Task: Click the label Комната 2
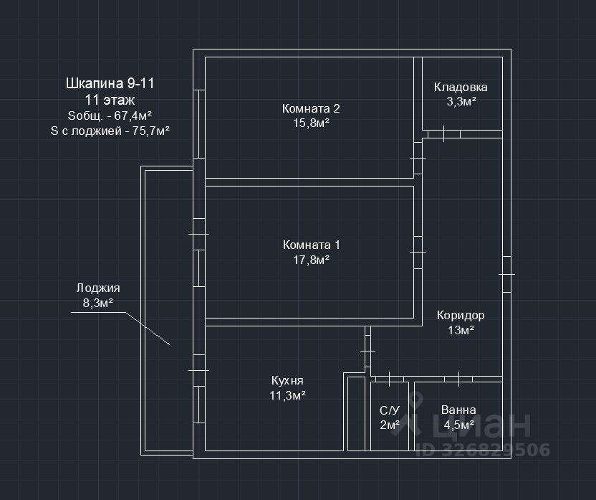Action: (311, 109)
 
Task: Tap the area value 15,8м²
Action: (311, 123)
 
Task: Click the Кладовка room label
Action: (461, 88)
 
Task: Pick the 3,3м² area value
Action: (461, 102)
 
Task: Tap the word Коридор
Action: (461, 316)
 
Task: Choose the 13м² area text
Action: (461, 330)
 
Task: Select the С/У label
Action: (389, 411)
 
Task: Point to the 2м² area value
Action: (389, 425)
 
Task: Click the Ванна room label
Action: (458, 411)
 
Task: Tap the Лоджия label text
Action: (98, 288)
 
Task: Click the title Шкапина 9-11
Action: (110, 83)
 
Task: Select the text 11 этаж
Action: (110, 100)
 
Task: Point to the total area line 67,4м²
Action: (110, 116)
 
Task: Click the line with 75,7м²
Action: (110, 131)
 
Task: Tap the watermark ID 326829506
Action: (482, 450)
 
